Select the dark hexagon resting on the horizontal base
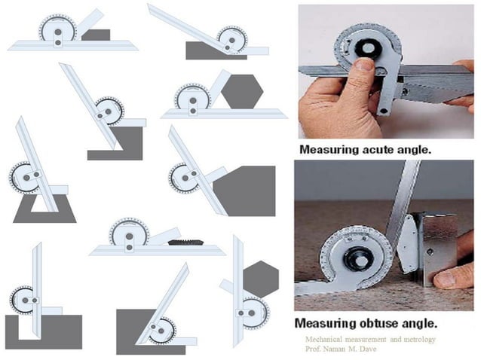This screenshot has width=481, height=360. click(243, 93)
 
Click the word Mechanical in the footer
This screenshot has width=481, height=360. click(321, 340)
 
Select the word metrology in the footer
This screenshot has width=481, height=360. click(416, 340)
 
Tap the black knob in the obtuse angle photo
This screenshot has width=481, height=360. click(357, 258)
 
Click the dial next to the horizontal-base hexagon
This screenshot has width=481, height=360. click(191, 97)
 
